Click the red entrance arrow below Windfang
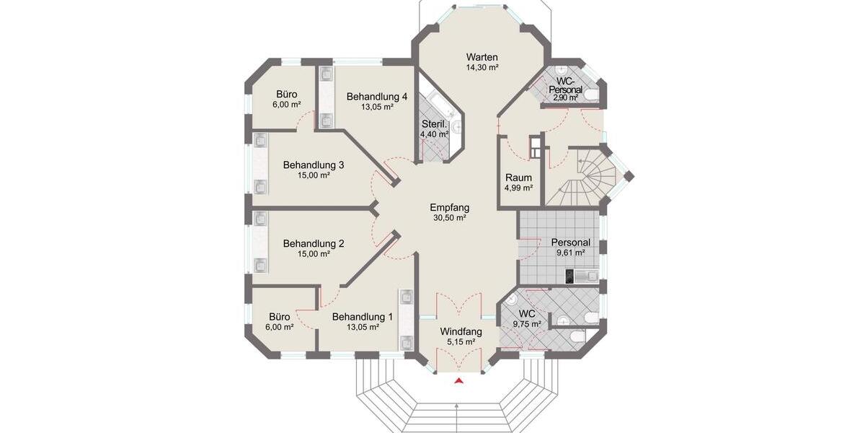pyautogui.click(x=458, y=382)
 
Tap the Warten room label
pyautogui.click(x=482, y=57)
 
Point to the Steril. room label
pyautogui.click(x=435, y=124)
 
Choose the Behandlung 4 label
pyautogui.click(x=377, y=96)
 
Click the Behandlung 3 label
pyautogui.click(x=313, y=165)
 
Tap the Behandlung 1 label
pyautogui.click(x=363, y=316)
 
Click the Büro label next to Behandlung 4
pyautogui.click(x=288, y=94)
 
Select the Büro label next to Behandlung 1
pyautogui.click(x=280, y=316)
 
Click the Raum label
pyautogui.click(x=518, y=178)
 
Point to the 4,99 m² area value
pyautogui.click(x=518, y=188)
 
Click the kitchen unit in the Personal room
pyautogui.click(x=580, y=275)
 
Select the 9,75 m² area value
pyautogui.click(x=527, y=325)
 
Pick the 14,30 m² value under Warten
pyautogui.click(x=482, y=67)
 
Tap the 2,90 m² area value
pyautogui.click(x=565, y=97)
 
